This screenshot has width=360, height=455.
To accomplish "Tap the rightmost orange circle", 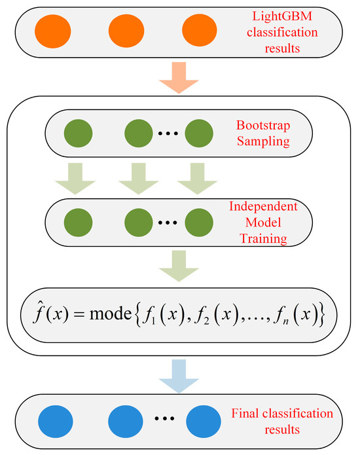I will point(194,30).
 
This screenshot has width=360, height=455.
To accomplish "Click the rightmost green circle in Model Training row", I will point(198,223).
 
